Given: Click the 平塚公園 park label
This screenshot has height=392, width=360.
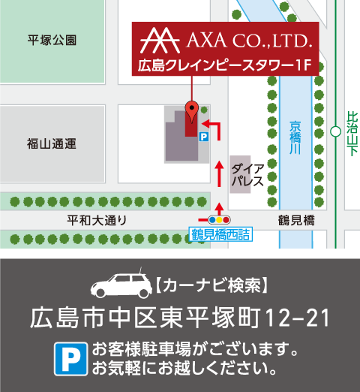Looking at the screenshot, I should coord(52,40).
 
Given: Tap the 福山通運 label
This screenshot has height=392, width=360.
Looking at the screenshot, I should coord(52,143).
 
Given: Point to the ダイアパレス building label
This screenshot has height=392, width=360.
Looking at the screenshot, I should coord(247,175).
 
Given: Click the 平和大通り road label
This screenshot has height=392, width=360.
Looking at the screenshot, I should coord(97,220).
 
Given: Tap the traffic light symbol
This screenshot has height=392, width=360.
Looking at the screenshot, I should coord(220,219).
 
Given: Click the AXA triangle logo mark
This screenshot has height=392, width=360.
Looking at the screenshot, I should coord(159,38).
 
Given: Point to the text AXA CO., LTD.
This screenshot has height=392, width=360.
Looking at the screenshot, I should coord(244,38).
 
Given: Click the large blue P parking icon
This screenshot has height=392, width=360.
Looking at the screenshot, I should coord(70,358).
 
